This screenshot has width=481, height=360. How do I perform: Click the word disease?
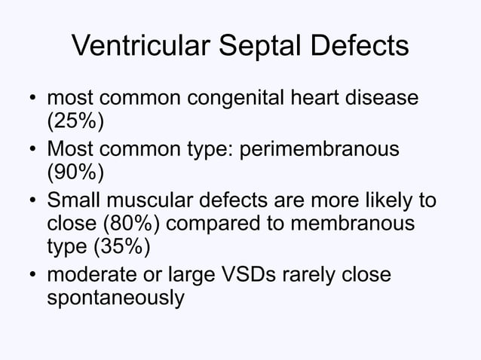pyautogui.click(x=390, y=100)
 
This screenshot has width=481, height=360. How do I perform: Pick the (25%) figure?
pyautogui.click(x=76, y=124)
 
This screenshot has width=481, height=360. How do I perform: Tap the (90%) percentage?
pyautogui.click(x=76, y=173)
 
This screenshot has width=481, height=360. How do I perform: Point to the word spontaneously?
pyautogui.click(x=115, y=299)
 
